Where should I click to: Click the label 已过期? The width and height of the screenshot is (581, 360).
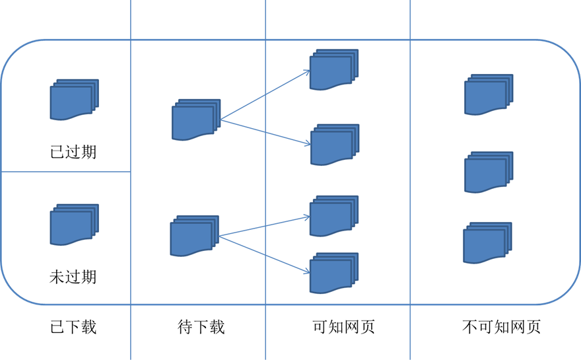[73, 151]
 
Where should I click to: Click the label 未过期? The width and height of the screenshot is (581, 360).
[73, 275]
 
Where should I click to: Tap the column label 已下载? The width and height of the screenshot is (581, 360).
[73, 326]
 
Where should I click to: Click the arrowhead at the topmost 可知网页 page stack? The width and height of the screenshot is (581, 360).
[308, 71]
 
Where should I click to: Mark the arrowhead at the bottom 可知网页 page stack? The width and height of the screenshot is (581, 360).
[308, 271]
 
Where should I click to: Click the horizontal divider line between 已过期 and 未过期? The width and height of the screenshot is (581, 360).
[66, 172]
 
